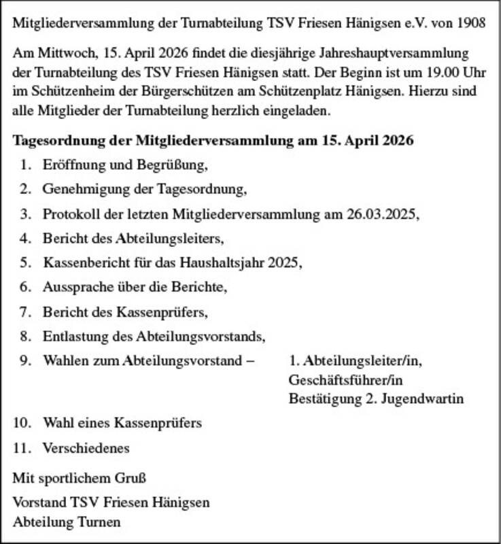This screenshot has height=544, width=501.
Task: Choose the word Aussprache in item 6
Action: click(73, 287)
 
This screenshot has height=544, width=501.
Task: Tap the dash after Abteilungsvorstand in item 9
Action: click(250, 360)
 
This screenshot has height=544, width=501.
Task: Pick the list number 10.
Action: click(22, 423)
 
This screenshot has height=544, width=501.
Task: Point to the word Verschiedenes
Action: click(86, 448)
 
